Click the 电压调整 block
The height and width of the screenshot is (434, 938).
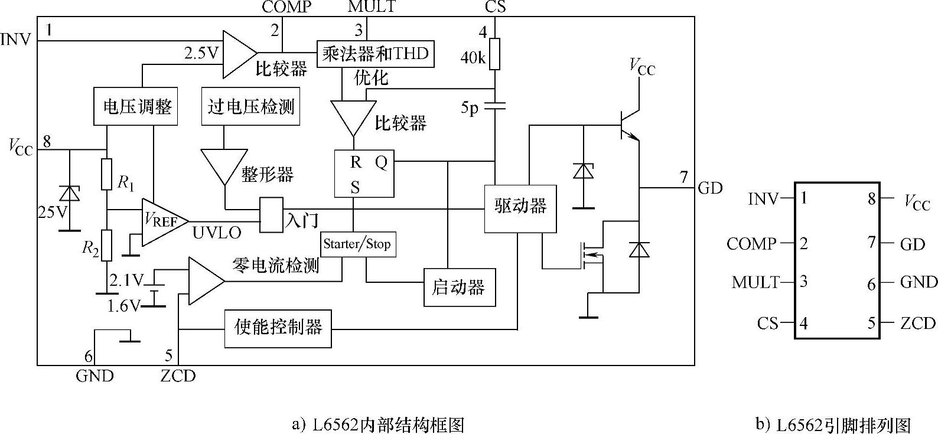pos(137,107)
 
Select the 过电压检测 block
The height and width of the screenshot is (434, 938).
pos(250,107)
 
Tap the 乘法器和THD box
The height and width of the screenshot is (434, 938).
pos(375,54)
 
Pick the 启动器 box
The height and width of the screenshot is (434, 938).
pos(459,288)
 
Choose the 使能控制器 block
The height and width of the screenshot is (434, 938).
pos(278,328)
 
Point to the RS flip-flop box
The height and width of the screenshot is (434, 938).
pos(364,174)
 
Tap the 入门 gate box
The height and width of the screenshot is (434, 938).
pos(272,215)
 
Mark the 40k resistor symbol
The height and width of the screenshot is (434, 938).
pos(495,54)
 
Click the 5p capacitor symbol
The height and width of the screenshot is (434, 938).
pos(495,106)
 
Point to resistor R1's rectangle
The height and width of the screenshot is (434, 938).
pos(106,174)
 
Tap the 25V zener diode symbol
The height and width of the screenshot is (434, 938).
pos(70,193)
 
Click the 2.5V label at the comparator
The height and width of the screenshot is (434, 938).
pos(201,54)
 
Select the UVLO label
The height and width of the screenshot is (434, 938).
pos(217,233)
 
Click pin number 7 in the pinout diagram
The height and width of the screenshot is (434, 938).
pos(871,242)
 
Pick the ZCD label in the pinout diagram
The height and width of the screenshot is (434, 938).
pos(917,323)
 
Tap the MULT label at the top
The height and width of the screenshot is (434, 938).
pos(372,6)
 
